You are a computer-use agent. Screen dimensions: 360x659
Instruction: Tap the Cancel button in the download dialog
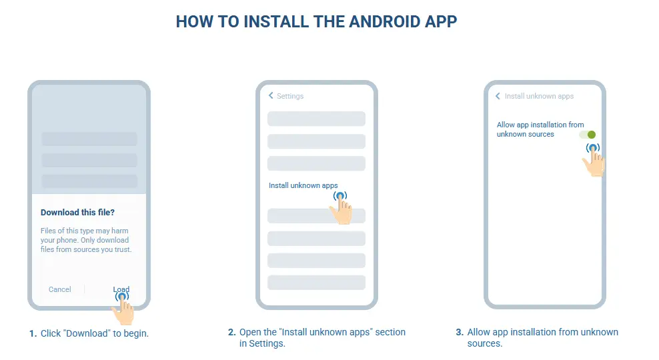(x=60, y=289)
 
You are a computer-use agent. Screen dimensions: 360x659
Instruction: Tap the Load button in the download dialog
(x=121, y=289)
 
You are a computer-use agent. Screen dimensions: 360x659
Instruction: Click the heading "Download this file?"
(x=77, y=213)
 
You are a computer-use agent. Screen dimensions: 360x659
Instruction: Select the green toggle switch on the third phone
(x=588, y=135)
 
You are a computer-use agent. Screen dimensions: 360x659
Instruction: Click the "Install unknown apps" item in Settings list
(x=303, y=185)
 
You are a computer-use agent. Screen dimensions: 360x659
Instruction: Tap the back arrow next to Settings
(x=271, y=96)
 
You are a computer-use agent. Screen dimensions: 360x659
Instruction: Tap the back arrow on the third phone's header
(x=498, y=96)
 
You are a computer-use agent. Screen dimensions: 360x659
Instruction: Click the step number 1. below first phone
(x=33, y=333)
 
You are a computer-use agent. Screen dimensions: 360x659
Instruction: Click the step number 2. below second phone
(x=231, y=332)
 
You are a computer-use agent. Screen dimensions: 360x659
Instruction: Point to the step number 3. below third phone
(x=459, y=332)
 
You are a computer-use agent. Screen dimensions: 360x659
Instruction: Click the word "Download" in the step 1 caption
(x=87, y=333)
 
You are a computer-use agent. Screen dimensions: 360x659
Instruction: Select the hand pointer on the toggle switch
(x=594, y=160)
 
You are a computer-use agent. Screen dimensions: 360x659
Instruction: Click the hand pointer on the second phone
(x=342, y=208)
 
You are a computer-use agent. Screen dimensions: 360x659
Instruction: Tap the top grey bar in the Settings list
(x=316, y=119)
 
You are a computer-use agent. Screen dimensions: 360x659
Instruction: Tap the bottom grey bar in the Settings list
(x=316, y=282)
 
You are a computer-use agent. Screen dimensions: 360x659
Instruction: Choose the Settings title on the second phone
(x=290, y=96)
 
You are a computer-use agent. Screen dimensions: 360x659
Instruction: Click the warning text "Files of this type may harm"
(x=84, y=231)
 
